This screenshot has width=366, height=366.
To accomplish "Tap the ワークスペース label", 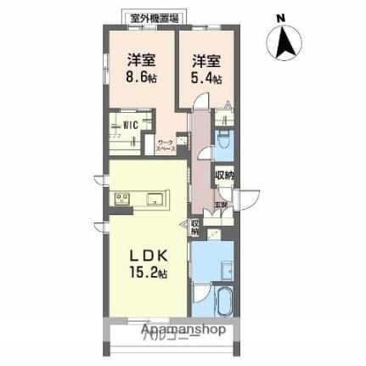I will [x=165, y=145].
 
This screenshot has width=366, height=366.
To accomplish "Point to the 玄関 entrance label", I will [x=220, y=205].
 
